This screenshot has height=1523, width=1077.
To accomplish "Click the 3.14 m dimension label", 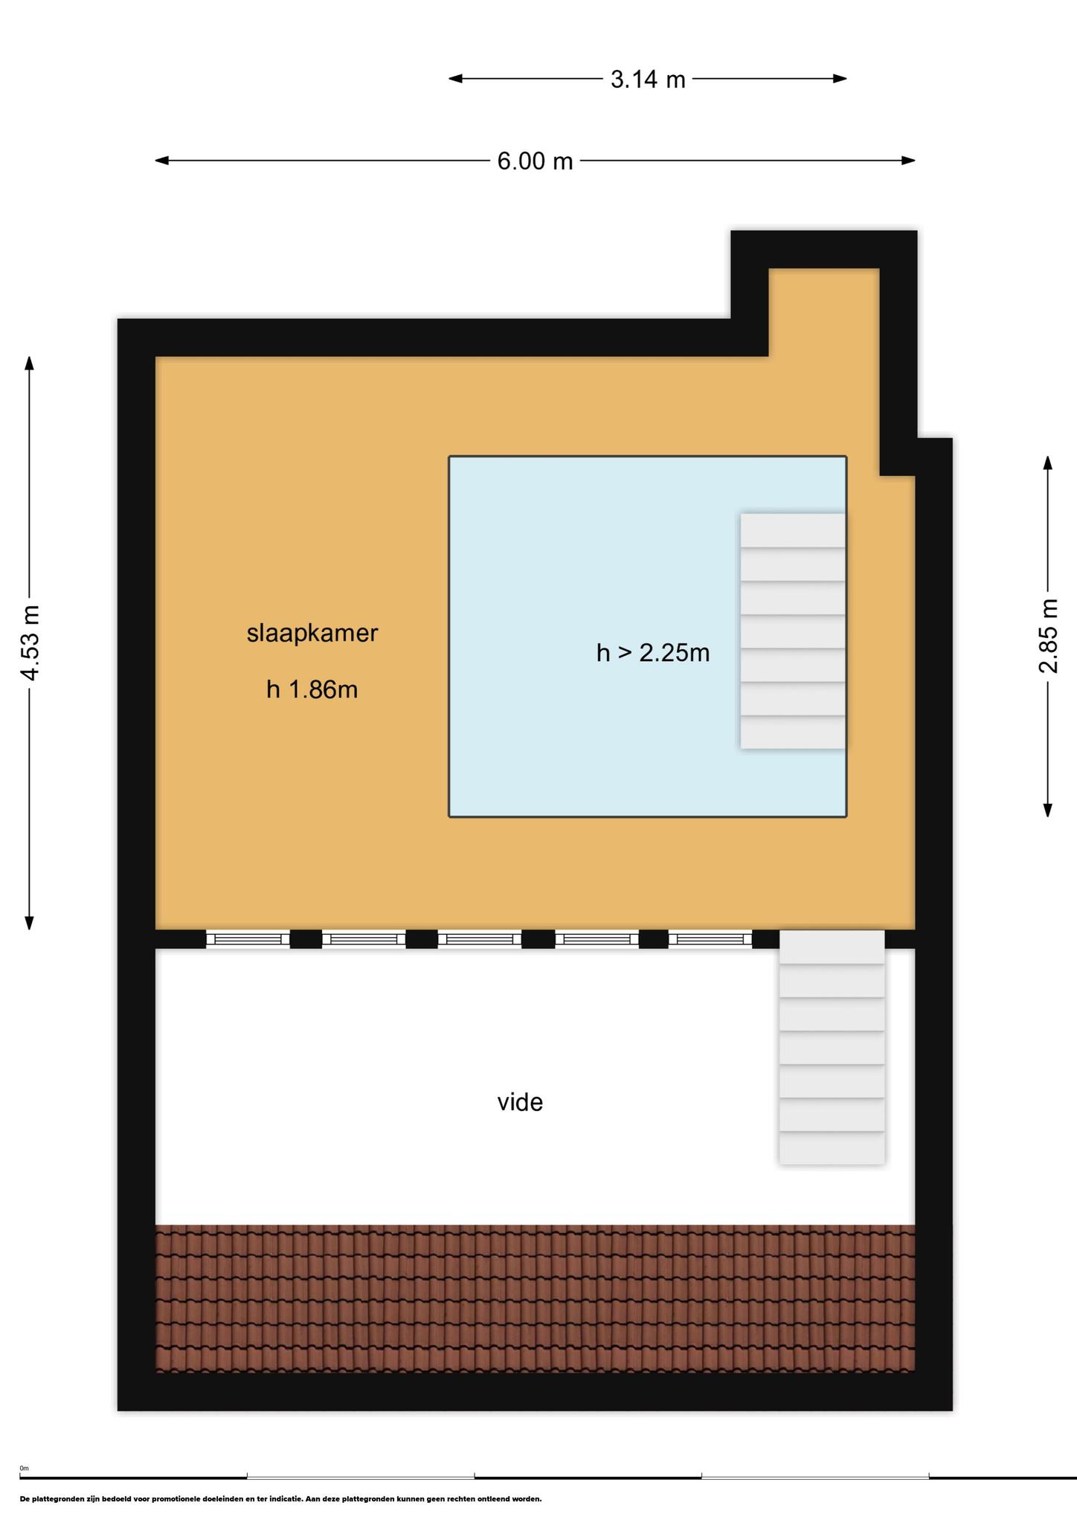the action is (648, 79).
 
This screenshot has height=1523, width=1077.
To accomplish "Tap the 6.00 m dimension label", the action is (535, 161).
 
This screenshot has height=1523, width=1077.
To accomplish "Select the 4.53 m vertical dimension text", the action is (30, 643).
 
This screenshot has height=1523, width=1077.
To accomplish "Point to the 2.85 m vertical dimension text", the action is (1048, 636).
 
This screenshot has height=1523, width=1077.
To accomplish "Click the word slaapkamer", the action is (312, 633).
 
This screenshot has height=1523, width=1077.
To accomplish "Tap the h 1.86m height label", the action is (312, 689).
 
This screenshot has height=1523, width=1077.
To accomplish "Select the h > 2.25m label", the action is (653, 652).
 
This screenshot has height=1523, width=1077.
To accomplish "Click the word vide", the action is (520, 1101).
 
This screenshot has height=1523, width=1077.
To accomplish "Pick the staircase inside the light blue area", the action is (793, 631).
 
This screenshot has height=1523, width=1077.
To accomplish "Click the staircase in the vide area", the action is (832, 1046).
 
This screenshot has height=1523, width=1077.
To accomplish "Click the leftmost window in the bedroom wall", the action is (248, 939).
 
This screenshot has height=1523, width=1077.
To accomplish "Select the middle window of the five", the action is (480, 939).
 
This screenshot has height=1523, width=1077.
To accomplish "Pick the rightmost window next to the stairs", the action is (710, 939).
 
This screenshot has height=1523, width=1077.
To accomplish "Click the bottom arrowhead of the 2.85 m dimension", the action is (1048, 810).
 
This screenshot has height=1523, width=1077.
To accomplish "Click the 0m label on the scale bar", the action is (24, 1468).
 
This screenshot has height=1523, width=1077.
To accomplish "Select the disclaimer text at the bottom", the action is (280, 1498).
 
